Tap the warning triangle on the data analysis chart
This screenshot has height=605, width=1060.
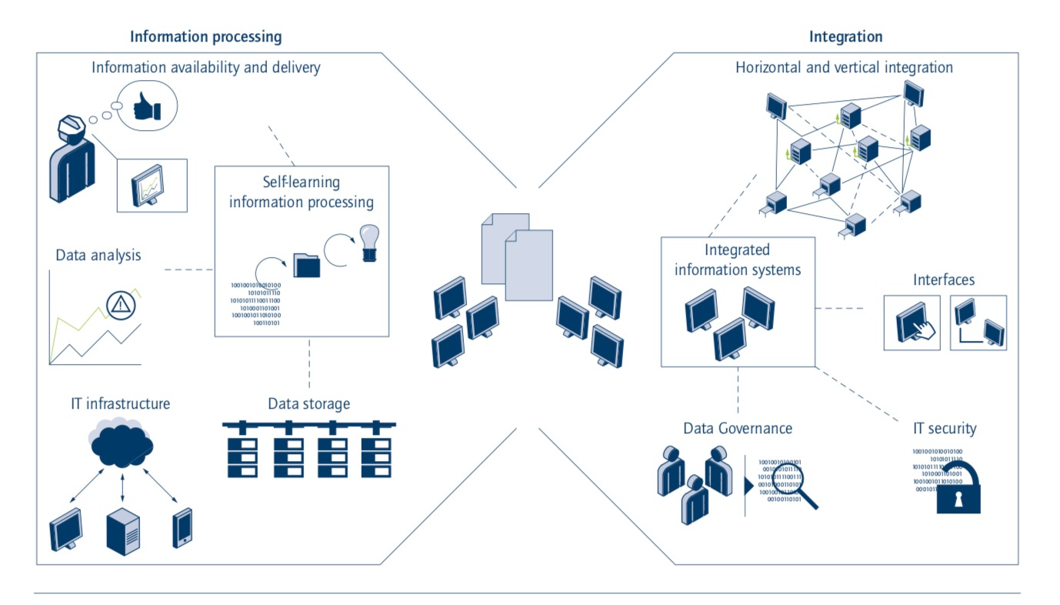tap(120, 305)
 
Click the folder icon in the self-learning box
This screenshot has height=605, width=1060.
tap(308, 265)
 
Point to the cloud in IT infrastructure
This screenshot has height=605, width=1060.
tap(122, 442)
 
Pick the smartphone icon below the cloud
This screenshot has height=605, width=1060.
tap(182, 527)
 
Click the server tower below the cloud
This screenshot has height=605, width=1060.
tap(124, 531)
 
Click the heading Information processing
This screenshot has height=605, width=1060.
tap(205, 36)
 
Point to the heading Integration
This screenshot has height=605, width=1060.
tap(845, 36)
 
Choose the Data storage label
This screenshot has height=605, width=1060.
tap(308, 403)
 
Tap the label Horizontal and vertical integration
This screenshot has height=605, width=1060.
tap(844, 68)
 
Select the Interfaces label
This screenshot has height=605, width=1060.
tap(944, 279)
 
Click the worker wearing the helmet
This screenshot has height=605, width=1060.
tap(72, 158)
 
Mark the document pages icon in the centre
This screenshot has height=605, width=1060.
tap(517, 256)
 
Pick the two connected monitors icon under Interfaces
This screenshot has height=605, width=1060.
tap(978, 323)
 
